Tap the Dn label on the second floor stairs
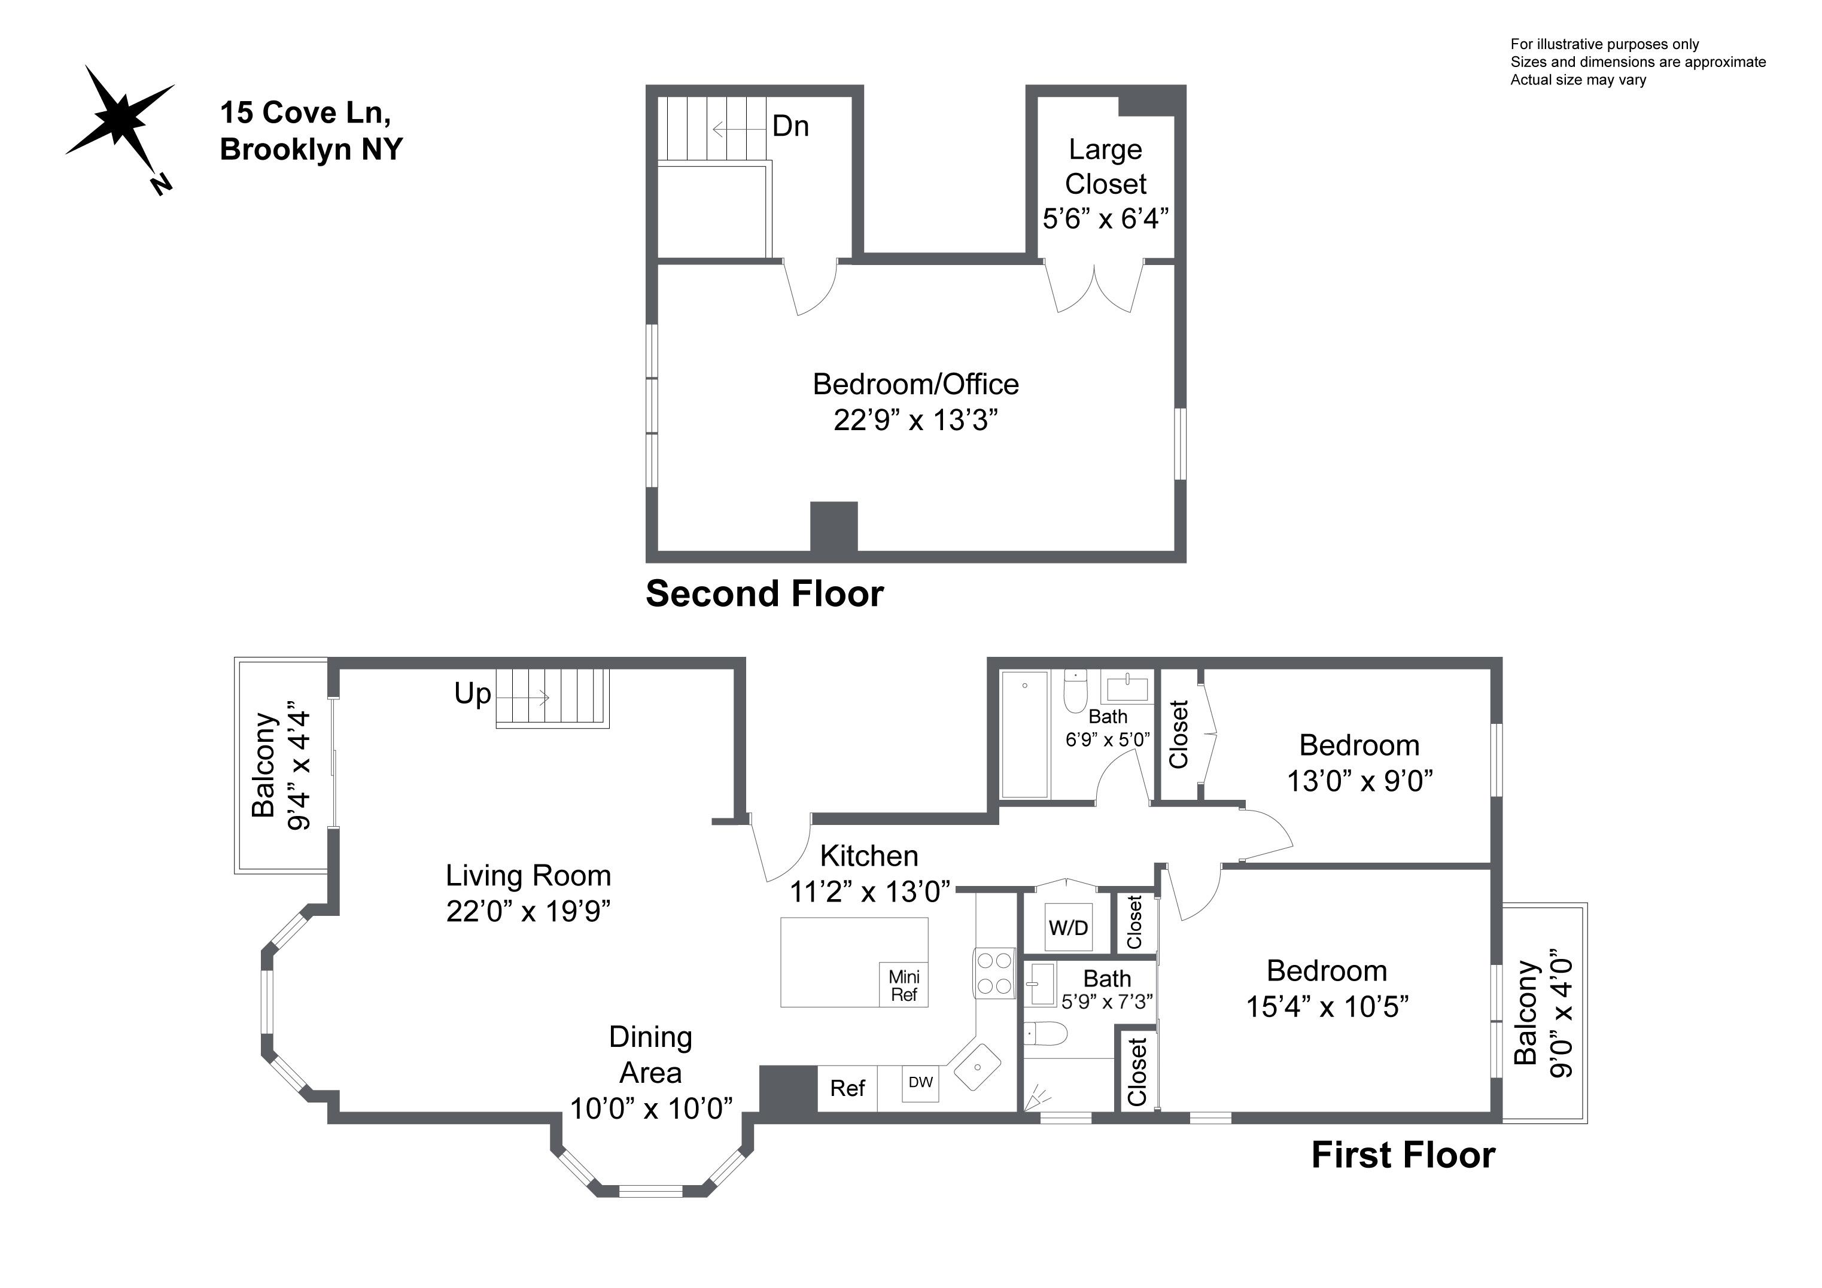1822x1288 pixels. [x=790, y=126]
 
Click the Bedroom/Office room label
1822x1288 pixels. [x=915, y=384]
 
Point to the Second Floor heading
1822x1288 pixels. [x=764, y=593]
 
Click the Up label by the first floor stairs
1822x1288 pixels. [x=472, y=693]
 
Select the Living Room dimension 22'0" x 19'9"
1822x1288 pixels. [x=528, y=911]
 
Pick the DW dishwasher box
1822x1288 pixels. [x=920, y=1082]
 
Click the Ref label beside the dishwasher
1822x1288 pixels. [x=847, y=1088]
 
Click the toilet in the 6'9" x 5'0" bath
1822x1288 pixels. [x=1076, y=693]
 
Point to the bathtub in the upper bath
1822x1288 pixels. [x=1024, y=733]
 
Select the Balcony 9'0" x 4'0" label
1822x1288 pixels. [x=1543, y=1013]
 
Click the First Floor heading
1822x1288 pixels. [x=1402, y=1155]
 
